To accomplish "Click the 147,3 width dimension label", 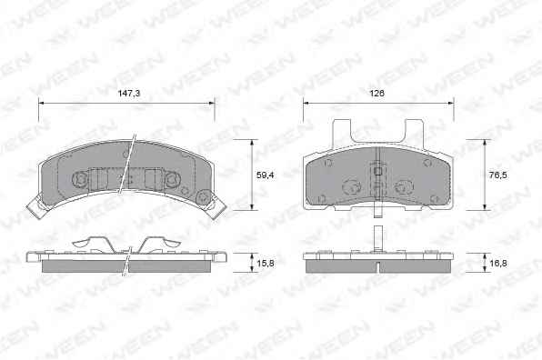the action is [x=129, y=94].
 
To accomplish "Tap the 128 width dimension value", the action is [x=376, y=94].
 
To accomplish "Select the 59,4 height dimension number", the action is [x=266, y=175].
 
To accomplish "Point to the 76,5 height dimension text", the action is [x=498, y=175].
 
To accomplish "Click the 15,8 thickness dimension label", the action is [x=266, y=264].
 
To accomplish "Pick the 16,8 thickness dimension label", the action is [x=498, y=264].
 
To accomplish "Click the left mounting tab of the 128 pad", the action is [x=341, y=133].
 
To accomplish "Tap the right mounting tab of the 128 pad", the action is [x=415, y=133].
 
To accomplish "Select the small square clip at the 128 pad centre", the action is [x=378, y=171].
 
